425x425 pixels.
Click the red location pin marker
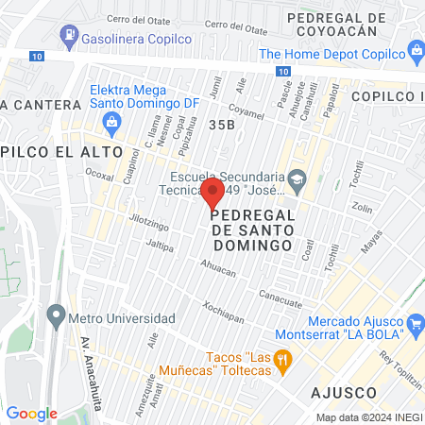(x=212, y=195)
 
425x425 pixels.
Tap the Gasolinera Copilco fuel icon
(x=68, y=36)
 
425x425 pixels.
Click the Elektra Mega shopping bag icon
(x=112, y=120)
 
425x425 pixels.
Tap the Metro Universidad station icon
(x=57, y=316)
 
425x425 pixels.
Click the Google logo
(x=32, y=413)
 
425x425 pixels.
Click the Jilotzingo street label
(x=148, y=226)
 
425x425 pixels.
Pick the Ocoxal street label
(x=99, y=174)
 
